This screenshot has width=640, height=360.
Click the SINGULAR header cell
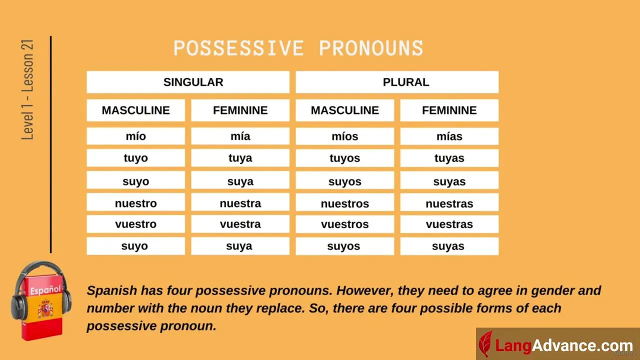(x=188, y=82)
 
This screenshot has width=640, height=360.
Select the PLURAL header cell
(x=397, y=82)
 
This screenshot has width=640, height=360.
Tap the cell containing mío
(x=135, y=136)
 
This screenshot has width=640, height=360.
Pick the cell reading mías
(x=449, y=136)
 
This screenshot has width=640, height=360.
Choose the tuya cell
(x=240, y=157)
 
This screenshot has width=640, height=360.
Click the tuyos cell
(x=345, y=158)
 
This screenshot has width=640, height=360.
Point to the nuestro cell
(x=135, y=202)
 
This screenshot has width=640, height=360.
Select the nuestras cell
(x=449, y=202)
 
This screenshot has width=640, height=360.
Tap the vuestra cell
(x=240, y=224)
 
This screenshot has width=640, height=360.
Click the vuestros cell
(x=345, y=224)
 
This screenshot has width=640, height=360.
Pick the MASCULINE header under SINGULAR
(x=135, y=110)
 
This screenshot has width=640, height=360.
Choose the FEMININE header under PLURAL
(x=449, y=110)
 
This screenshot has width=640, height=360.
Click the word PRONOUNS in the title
(x=371, y=48)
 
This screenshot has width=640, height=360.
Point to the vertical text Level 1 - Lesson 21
(x=27, y=89)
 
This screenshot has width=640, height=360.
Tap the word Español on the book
(x=45, y=290)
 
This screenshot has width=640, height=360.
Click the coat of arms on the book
(x=45, y=309)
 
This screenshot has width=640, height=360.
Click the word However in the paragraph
(x=364, y=290)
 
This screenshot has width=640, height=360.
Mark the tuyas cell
(x=449, y=158)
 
